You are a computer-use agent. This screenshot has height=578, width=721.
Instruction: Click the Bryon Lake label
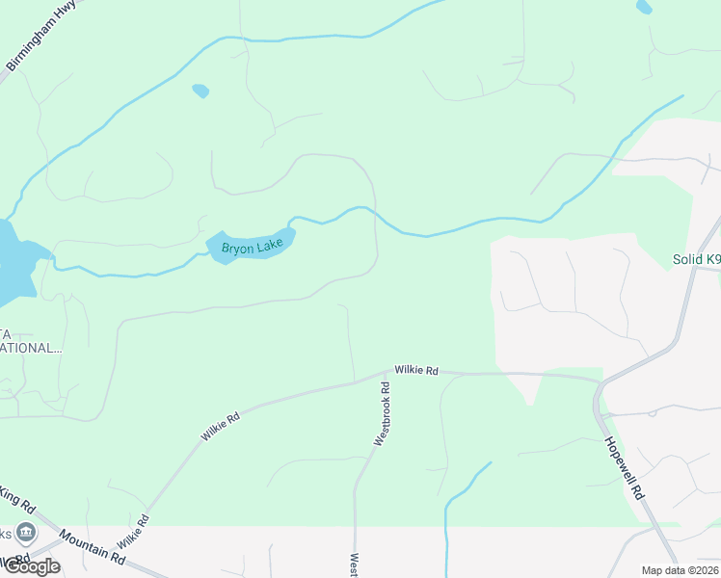253,248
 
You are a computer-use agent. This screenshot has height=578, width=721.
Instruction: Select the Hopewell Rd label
625,466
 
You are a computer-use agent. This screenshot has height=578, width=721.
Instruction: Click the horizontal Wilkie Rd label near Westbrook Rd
416,370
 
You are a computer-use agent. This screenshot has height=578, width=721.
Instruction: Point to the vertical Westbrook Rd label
383,413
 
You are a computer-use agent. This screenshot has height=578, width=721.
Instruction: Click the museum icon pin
26,532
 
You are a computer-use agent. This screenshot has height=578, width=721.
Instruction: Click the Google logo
31,565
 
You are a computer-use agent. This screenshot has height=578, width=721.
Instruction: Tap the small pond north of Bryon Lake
200,91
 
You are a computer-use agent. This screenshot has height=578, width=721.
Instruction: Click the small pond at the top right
644,7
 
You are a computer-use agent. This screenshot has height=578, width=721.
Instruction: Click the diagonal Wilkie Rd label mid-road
220,427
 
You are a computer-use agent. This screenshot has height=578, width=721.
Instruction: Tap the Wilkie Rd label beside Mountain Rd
134,532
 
